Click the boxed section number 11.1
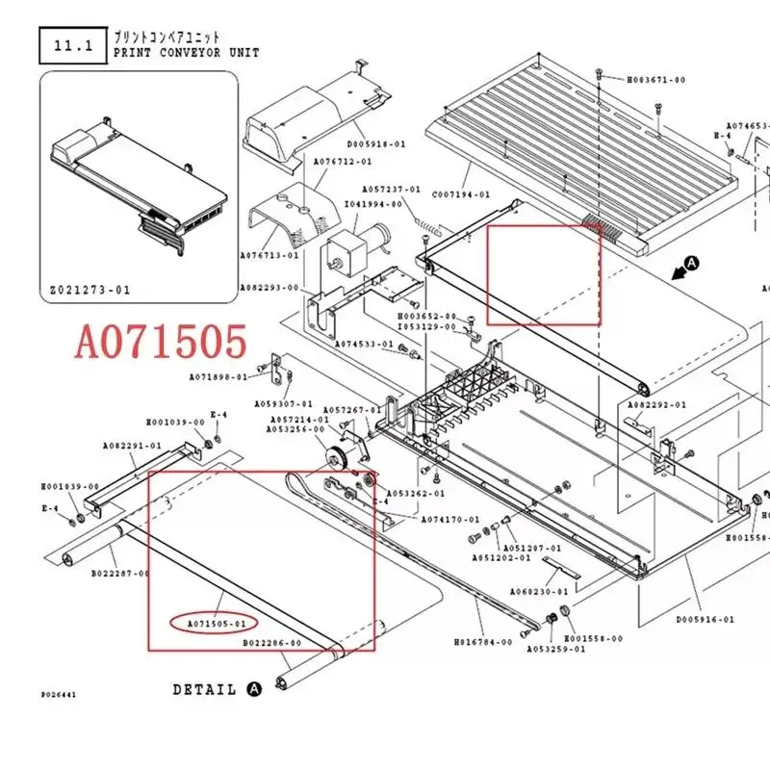tap(71, 43)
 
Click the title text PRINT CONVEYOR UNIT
tap(187, 53)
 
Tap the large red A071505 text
tap(162, 342)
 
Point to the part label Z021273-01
tap(90, 289)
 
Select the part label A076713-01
tap(269, 256)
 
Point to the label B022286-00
tap(272, 642)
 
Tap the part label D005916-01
tap(705, 620)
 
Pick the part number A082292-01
tap(657, 405)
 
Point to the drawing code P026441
tap(60, 692)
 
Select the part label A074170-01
tap(452, 519)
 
